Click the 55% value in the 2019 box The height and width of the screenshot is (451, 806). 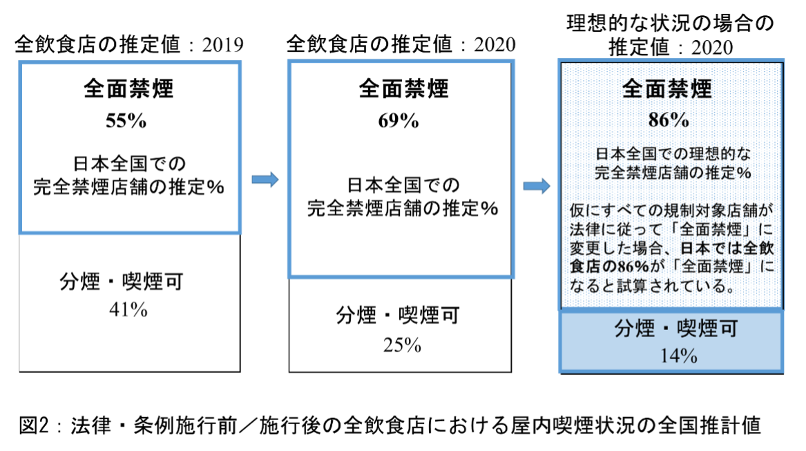[126, 121]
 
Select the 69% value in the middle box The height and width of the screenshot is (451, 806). [399, 121]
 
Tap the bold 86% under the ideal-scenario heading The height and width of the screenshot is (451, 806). [669, 119]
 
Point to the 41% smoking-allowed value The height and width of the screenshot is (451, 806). [128, 309]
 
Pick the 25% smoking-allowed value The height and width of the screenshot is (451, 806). [402, 345]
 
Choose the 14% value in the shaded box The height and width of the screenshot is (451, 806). [678, 356]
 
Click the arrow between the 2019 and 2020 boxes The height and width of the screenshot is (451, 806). [265, 180]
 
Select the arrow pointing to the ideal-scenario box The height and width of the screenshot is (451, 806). [537, 186]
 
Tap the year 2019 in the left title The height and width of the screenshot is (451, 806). [222, 45]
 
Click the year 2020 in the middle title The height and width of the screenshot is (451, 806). [495, 45]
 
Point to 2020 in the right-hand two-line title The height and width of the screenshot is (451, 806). [712, 48]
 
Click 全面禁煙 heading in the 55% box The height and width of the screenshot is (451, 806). [129, 88]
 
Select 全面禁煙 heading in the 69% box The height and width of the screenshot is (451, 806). [403, 88]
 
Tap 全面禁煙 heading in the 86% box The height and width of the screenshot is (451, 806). [667, 89]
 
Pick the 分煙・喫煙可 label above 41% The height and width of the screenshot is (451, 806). [122, 281]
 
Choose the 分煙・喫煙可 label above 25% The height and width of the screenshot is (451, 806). [398, 315]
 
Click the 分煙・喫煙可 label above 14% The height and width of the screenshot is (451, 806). [676, 328]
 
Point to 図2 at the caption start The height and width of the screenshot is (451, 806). [34, 425]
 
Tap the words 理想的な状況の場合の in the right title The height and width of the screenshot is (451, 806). [671, 23]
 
